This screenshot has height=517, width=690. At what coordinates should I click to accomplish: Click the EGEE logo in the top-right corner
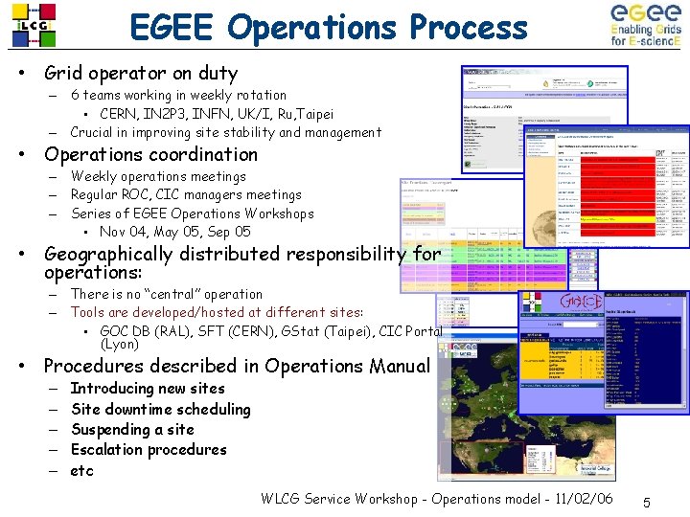click(646, 25)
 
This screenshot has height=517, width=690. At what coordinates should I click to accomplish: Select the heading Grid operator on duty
click(141, 73)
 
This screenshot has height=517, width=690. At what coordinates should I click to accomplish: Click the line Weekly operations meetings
click(158, 176)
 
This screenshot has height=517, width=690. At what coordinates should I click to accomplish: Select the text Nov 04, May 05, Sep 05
click(175, 232)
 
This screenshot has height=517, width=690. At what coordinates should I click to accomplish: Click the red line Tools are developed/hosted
click(217, 312)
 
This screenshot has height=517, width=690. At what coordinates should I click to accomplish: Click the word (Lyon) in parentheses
click(120, 344)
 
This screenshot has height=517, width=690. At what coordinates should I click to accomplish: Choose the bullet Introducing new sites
click(148, 388)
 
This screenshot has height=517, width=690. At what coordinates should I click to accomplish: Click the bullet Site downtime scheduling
click(160, 409)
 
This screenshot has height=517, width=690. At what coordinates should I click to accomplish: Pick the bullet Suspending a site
click(132, 430)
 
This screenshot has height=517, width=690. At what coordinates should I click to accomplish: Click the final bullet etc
click(82, 471)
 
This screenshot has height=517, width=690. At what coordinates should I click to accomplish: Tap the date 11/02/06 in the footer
click(555, 499)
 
